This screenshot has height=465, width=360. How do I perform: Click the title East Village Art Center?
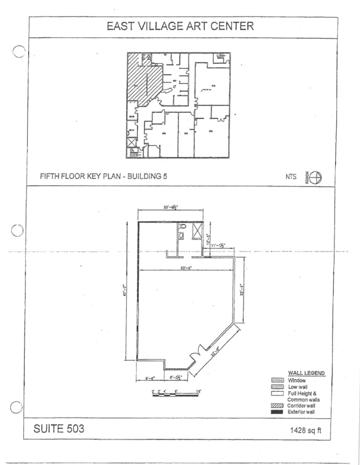[x=181, y=27]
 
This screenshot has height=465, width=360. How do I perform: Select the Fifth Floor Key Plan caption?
[x=103, y=176]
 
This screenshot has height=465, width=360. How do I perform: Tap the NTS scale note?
[x=291, y=177]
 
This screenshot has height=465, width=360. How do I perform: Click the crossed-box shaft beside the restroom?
[x=197, y=231]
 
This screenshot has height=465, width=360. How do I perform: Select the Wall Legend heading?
[x=306, y=373]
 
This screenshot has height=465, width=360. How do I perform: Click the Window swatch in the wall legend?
[x=276, y=380]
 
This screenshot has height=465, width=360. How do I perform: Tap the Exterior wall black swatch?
[x=276, y=412]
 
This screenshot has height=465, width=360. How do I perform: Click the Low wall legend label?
[x=300, y=387]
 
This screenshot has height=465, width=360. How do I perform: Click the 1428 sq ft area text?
[x=306, y=431]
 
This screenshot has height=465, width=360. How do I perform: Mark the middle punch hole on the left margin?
[x=17, y=231]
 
